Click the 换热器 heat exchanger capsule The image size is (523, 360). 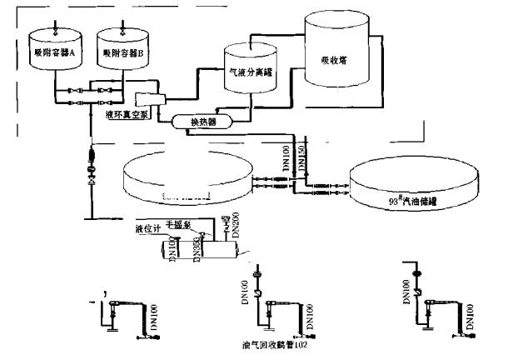[203, 122]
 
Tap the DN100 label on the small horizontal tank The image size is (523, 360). [172, 248]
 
